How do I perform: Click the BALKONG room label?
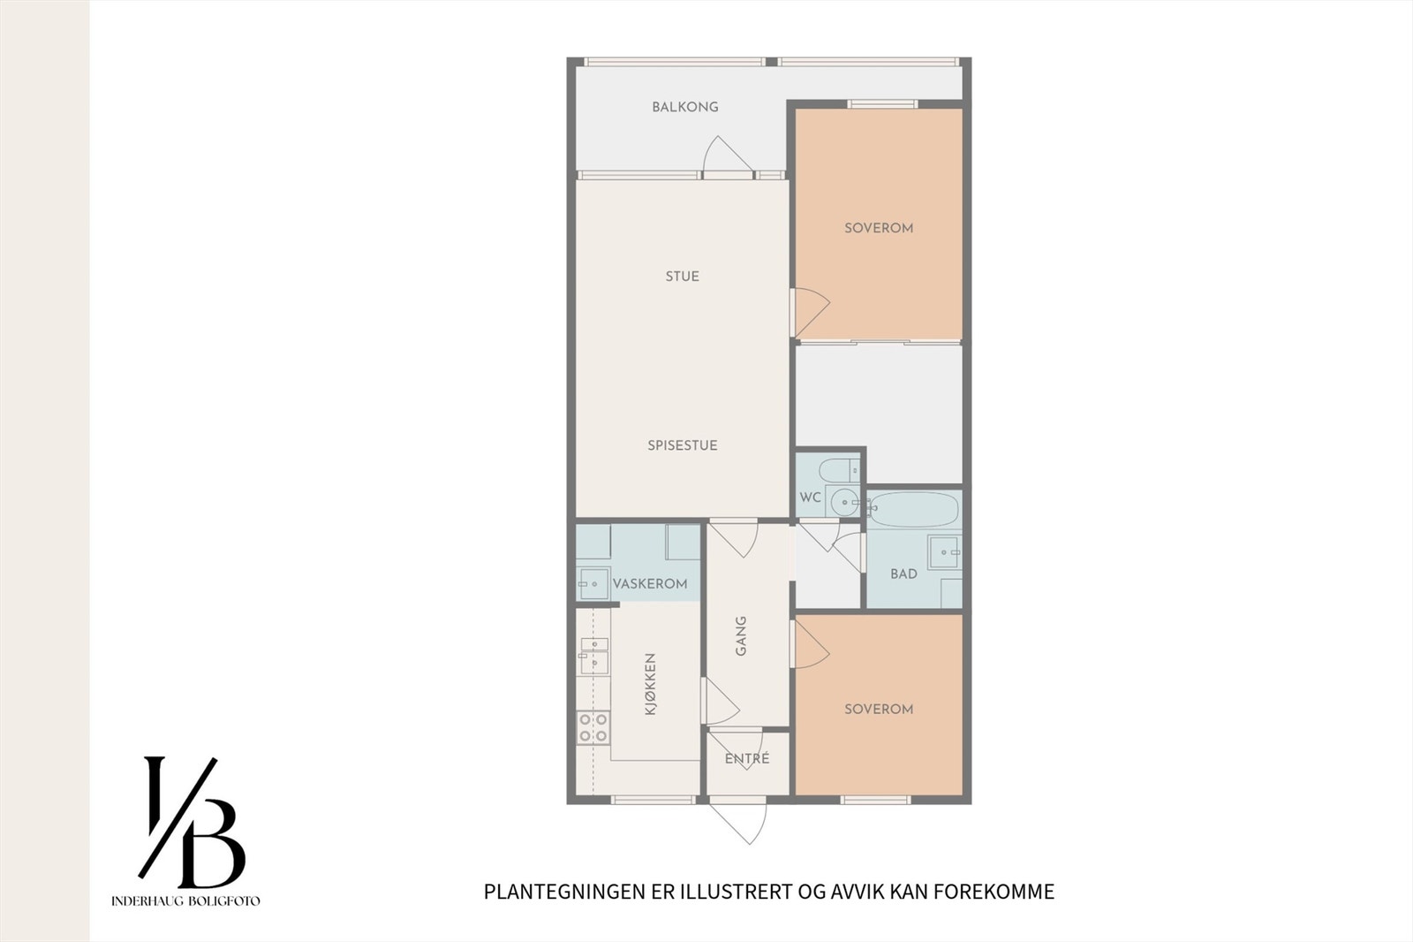tap(684, 107)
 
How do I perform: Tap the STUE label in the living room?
tap(682, 277)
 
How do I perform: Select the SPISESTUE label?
tap(682, 445)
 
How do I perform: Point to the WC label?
tap(810, 498)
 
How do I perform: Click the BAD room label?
tap(903, 574)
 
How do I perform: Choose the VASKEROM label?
tap(650, 584)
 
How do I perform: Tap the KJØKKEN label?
tap(651, 684)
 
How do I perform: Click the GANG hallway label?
tap(741, 635)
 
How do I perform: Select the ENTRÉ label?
tap(747, 758)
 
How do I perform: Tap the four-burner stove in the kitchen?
tap(593, 727)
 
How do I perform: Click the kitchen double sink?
tap(593, 655)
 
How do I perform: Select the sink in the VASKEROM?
tap(593, 584)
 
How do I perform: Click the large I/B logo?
tap(191, 822)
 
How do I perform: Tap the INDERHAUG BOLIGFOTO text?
tap(185, 901)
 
